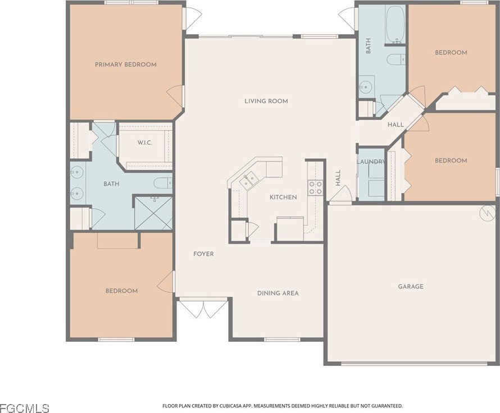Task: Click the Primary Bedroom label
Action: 126,65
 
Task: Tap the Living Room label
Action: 266,101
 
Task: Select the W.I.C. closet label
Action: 145,143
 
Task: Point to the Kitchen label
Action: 283,197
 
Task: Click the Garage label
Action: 411,286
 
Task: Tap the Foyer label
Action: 203,254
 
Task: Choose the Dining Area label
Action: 278,293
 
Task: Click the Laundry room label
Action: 371,162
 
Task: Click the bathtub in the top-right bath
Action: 396,25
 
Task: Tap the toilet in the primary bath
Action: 163,183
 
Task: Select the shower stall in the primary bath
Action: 153,213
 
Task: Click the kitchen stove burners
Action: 315,187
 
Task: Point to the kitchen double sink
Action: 248,181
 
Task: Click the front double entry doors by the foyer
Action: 203,308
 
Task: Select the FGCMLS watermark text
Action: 25,408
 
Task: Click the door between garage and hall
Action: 340,194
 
